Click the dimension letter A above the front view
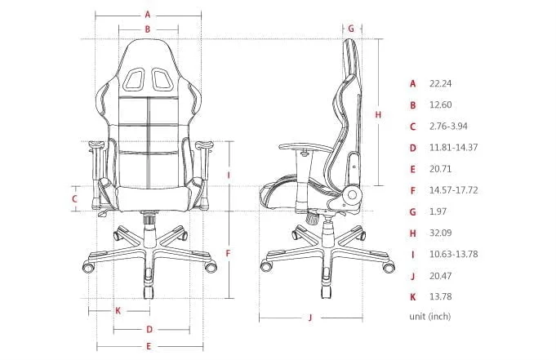coord(148,14)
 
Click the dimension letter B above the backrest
coord(148,29)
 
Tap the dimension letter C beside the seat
coord(73,198)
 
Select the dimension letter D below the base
coord(149,330)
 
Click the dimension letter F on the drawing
coord(228,253)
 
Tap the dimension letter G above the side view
coord(351,28)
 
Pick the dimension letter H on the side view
coord(377,115)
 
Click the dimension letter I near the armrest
coord(229,175)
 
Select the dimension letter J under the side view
coord(311,318)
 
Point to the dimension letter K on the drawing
coord(118,310)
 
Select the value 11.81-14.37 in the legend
coord(453,148)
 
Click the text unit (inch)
coord(429,316)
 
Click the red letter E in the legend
coord(413,169)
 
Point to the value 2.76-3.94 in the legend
coord(450,127)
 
